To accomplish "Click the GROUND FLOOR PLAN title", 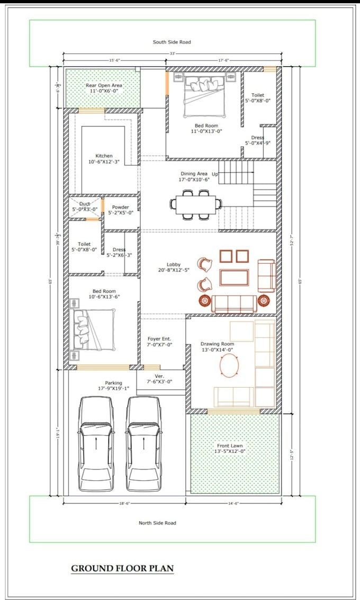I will click(x=122, y=568).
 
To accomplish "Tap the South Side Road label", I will click(x=172, y=42).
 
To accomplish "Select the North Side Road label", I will click(x=157, y=523).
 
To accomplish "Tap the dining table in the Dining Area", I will click(x=196, y=203).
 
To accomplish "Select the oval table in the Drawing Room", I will click(x=229, y=365).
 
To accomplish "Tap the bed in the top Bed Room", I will click(x=205, y=96).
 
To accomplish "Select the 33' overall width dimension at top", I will click(x=172, y=54).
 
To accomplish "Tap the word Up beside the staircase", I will click(x=214, y=174).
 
